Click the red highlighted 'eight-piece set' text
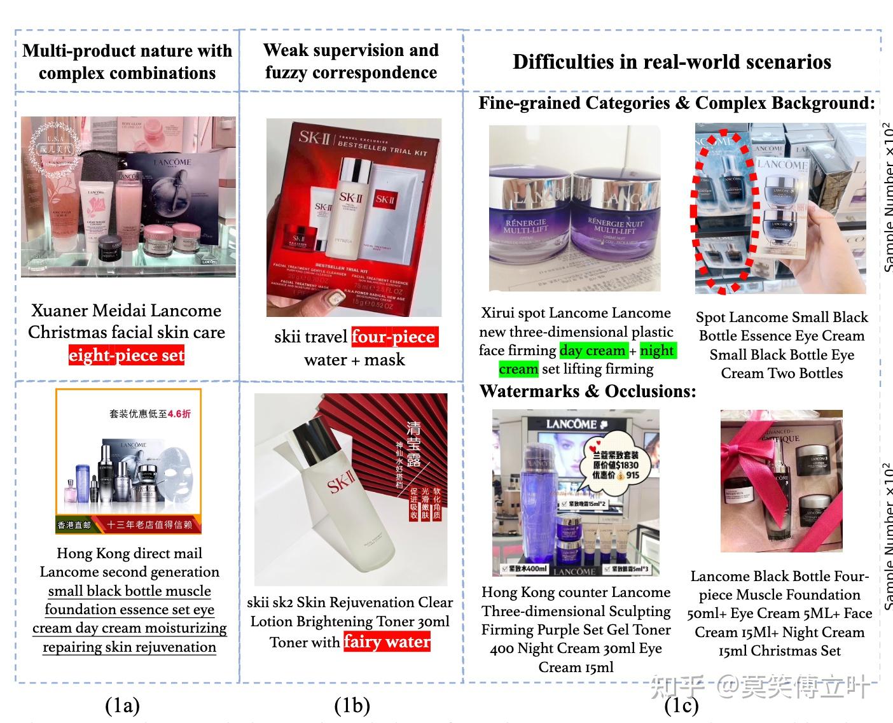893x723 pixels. click(127, 355)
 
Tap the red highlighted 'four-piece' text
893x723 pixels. click(394, 337)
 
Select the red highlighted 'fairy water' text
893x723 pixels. click(387, 642)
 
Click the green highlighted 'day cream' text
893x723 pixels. click(593, 351)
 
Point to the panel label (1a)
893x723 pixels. click(122, 705)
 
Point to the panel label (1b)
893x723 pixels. click(352, 705)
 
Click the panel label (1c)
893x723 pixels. click(681, 705)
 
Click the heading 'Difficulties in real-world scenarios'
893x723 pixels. click(672, 62)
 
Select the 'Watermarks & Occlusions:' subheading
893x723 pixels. click(588, 391)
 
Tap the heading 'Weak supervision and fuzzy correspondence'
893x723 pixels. click(351, 61)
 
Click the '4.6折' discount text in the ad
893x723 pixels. click(179, 414)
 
